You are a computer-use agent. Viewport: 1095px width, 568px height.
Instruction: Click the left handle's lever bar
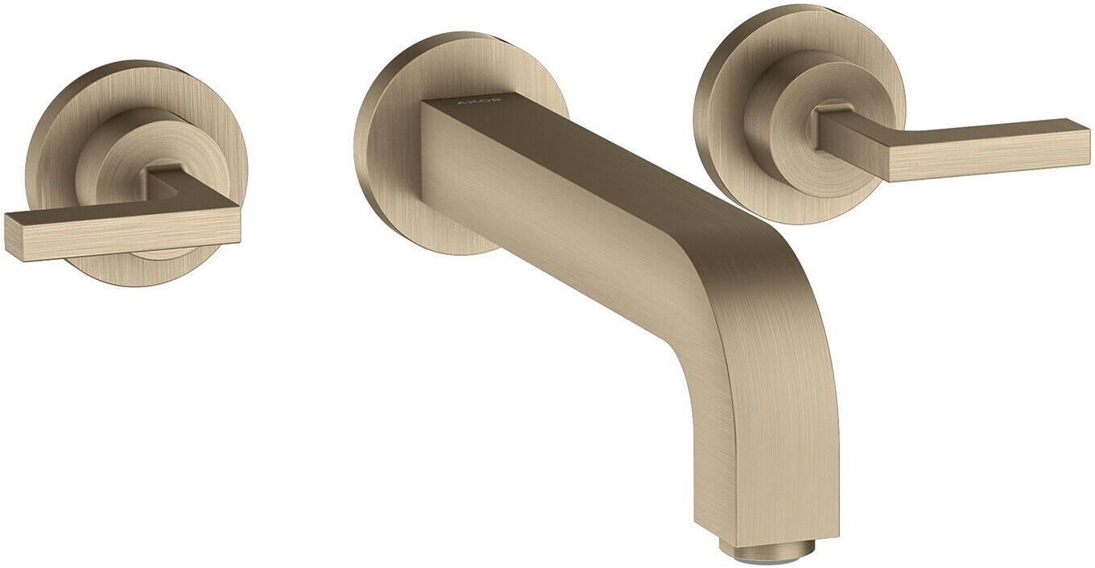click(122, 234)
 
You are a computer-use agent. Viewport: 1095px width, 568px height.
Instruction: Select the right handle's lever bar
click(953, 146)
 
